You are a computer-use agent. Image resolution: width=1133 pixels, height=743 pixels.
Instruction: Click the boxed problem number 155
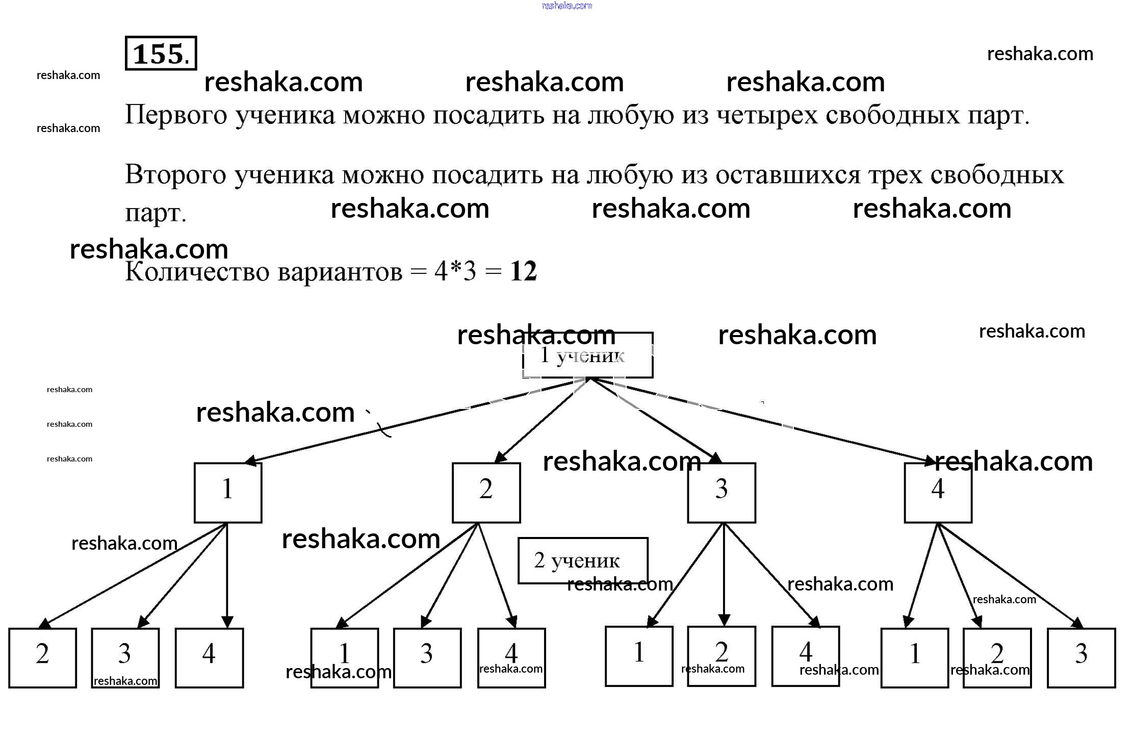coord(161,53)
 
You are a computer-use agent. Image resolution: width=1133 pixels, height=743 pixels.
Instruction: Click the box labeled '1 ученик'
coord(587,355)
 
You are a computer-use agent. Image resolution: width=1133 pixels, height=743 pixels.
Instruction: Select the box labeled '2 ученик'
coord(582,560)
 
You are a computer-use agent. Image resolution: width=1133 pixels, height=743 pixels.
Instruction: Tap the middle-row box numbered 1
coord(227,493)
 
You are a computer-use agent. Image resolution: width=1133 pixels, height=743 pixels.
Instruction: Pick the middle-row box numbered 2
coord(486,493)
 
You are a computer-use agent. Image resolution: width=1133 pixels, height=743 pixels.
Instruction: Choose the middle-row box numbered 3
coord(721,493)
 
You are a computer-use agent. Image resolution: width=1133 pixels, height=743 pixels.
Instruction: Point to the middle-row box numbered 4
coord(938,493)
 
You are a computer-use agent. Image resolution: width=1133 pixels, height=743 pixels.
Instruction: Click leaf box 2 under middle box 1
coord(42,658)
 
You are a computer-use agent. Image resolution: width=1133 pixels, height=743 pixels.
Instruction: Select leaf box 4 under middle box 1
coord(209,658)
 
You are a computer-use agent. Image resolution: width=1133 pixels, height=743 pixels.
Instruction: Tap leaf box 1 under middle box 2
coord(344,658)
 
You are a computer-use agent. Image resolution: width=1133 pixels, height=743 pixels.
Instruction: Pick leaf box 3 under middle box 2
coord(427,658)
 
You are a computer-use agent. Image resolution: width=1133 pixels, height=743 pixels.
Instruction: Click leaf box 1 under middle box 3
coord(638,656)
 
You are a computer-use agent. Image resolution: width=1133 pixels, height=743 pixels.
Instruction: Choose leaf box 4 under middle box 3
coord(805,656)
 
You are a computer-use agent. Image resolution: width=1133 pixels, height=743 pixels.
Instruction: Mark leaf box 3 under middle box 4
coord(1081,658)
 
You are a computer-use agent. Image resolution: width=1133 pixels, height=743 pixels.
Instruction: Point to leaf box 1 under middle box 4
coord(914,658)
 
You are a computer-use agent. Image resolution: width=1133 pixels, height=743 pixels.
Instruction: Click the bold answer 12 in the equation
coord(523,271)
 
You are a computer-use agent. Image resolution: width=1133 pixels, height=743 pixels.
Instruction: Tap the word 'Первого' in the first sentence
coord(176,115)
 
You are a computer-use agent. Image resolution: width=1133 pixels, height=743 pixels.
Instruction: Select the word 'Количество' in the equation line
coord(197,271)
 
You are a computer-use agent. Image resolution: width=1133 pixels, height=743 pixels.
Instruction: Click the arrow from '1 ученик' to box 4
coord(765,421)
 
